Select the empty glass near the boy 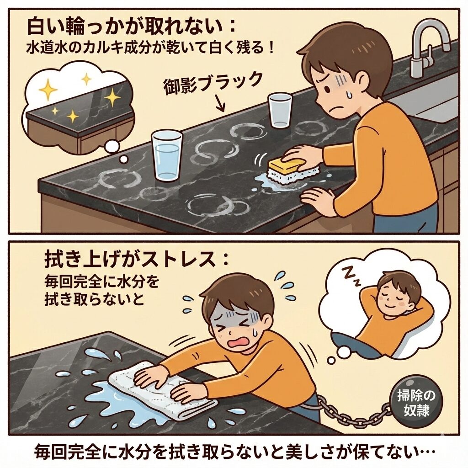coord(279,111)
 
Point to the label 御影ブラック coord(213,82)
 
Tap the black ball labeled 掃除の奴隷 coord(417,401)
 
